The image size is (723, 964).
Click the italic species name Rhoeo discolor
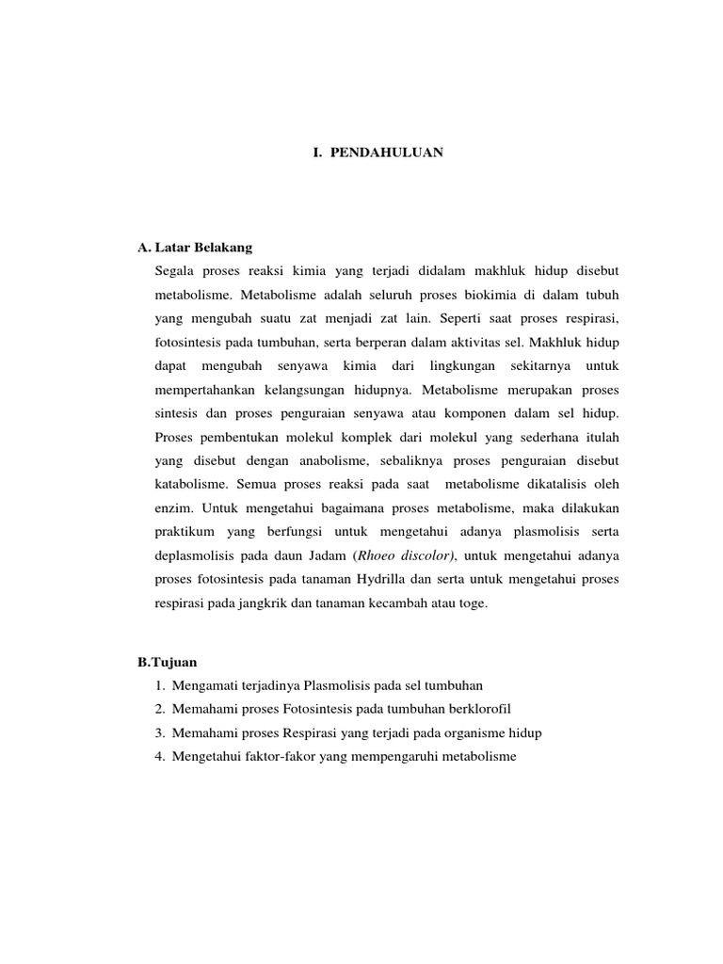coord(407,556)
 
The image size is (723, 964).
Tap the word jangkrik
coord(276,603)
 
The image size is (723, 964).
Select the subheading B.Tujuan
coord(166,662)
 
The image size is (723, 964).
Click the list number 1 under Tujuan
coord(160,684)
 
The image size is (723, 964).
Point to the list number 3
coord(160,731)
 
